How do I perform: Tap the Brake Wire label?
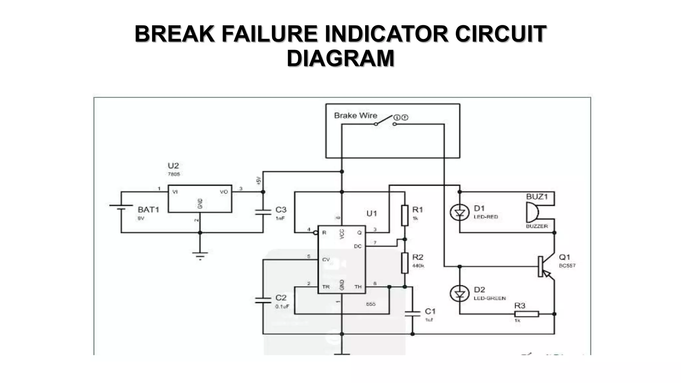tap(355, 116)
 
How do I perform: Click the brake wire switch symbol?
tap(385, 121)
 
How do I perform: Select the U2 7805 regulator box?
tap(200, 199)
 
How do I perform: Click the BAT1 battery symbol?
tap(121, 207)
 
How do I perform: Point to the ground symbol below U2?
tap(200, 255)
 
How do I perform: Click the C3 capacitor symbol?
tap(263, 212)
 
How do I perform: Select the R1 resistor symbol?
tap(405, 215)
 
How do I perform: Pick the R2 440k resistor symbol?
tap(405, 263)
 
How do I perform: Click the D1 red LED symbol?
tap(460, 212)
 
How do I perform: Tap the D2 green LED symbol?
tap(460, 294)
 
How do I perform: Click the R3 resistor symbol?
tap(526, 314)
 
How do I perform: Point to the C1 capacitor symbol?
tap(413, 313)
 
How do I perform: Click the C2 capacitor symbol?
tap(263, 300)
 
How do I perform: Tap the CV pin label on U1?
tap(326, 259)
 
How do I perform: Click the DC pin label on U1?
tap(358, 246)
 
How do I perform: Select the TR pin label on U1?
tap(326, 287)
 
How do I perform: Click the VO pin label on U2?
tap(224, 192)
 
